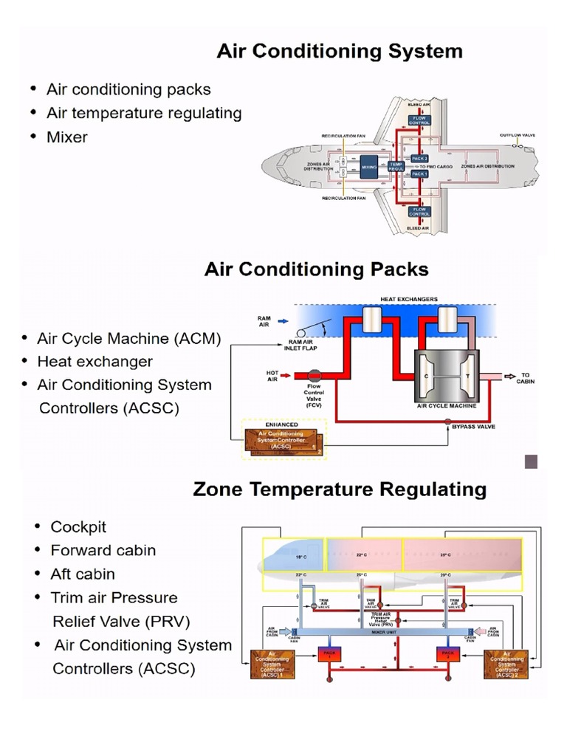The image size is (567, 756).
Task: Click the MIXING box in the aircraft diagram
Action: pyautogui.click(x=369, y=168)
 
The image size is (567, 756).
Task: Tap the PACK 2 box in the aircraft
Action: pyautogui.click(x=419, y=159)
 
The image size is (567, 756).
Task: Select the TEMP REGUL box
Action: pyautogui.click(x=396, y=167)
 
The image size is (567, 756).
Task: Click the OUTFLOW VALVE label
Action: pyautogui.click(x=517, y=136)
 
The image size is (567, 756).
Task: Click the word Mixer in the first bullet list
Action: pyautogui.click(x=66, y=137)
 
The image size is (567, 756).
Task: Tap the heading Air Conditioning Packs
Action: pyautogui.click(x=316, y=269)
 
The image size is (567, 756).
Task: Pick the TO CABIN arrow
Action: pyautogui.click(x=509, y=377)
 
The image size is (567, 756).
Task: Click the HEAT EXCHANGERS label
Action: pyautogui.click(x=408, y=299)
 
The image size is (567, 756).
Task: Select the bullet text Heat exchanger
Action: pyautogui.click(x=94, y=362)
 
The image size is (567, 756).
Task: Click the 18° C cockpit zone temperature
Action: pyautogui.click(x=301, y=556)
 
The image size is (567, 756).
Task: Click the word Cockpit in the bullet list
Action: pyautogui.click(x=78, y=527)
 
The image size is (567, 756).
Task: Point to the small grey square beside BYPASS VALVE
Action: pyautogui.click(x=531, y=462)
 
